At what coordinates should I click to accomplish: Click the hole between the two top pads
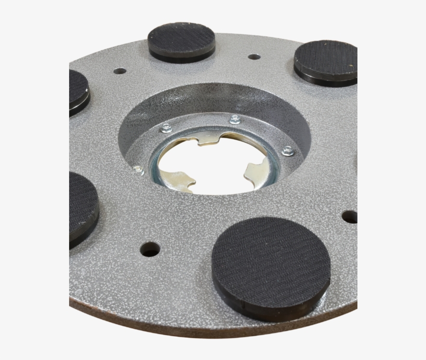[x=254, y=57]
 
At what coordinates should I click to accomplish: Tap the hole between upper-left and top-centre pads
[x=120, y=71]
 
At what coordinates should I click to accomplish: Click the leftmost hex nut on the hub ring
[x=138, y=168]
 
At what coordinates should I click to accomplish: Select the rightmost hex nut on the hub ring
[x=287, y=151]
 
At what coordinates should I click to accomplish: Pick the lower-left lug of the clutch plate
[x=179, y=179]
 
